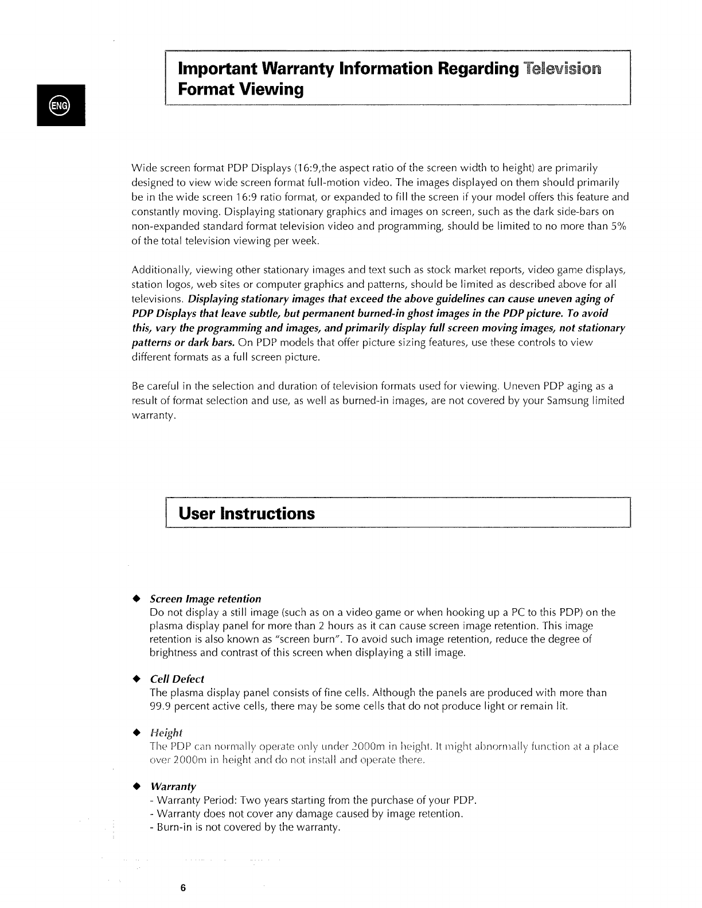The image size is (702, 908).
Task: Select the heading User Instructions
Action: point(247,513)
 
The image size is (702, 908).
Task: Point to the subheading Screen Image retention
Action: point(205,599)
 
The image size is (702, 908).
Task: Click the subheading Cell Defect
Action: point(177,679)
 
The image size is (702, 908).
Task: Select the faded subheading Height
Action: point(165,733)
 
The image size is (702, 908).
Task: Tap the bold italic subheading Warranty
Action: point(173,786)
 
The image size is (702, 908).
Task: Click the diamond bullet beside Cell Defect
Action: point(136,679)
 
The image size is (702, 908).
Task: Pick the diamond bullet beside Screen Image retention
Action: point(136,599)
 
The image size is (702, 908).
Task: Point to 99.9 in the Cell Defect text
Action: point(160,706)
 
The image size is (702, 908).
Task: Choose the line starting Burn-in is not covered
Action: point(245,827)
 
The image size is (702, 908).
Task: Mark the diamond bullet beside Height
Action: point(136,733)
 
